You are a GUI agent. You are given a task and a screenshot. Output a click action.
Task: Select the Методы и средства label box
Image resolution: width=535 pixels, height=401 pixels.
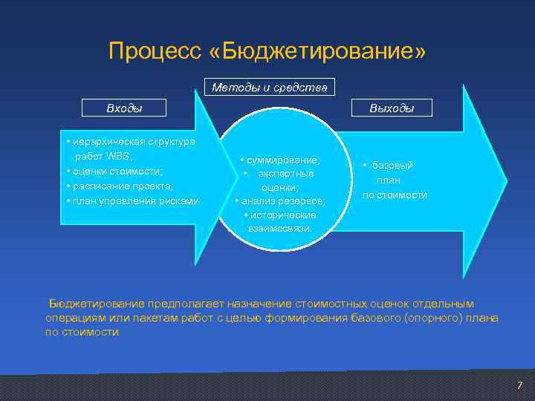[269, 88]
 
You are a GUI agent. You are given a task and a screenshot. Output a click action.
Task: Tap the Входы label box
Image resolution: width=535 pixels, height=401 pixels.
[124, 108]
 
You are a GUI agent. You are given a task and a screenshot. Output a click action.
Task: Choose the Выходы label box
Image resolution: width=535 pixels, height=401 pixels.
[392, 108]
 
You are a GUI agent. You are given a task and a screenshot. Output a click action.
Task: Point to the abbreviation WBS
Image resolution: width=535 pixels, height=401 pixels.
[119, 156]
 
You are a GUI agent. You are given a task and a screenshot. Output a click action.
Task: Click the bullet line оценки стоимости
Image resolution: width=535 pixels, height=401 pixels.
[114, 171]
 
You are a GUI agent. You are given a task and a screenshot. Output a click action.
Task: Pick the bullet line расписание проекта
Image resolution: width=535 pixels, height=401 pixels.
[120, 186]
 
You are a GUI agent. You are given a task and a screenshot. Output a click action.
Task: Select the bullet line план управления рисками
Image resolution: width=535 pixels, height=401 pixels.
[132, 200]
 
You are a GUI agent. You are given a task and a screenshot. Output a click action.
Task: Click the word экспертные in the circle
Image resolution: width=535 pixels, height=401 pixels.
[285, 174]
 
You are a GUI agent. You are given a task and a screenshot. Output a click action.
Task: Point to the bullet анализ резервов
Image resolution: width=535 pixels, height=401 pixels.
[281, 201]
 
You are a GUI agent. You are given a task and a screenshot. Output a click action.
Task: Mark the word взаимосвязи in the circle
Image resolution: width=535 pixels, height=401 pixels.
[280, 228]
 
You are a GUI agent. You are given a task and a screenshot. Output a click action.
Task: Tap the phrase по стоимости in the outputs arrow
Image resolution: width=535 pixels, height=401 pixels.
[395, 195]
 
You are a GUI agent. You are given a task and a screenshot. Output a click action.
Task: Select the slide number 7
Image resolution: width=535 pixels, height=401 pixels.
[520, 385]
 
